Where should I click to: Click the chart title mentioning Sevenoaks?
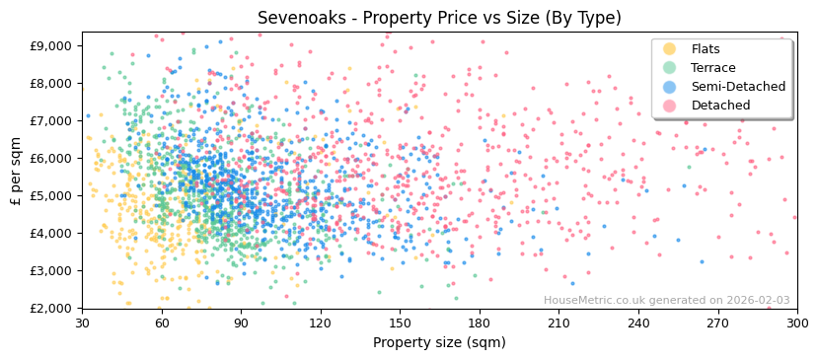coord(439,18)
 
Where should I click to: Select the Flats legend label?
coord(706,49)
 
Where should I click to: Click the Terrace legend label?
coord(711,68)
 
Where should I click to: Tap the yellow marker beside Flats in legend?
coord(670,49)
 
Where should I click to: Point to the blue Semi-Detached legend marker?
coord(670,87)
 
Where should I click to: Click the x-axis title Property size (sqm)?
coord(439,343)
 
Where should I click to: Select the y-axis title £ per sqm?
coord(17,170)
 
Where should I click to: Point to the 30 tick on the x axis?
coord(82,323)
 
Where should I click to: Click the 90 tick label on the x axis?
coord(241,323)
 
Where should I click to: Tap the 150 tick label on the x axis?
coord(400,323)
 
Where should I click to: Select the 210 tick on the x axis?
coord(558,323)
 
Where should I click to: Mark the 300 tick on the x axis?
coord(797,323)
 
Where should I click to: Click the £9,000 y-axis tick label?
coord(50,45)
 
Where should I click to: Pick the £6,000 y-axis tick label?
coord(50,158)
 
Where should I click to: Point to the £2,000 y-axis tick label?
coord(50,308)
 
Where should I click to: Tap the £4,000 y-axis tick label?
coord(50,233)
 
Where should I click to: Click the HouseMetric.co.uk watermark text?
coord(667,301)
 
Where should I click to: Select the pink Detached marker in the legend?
coord(670,106)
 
